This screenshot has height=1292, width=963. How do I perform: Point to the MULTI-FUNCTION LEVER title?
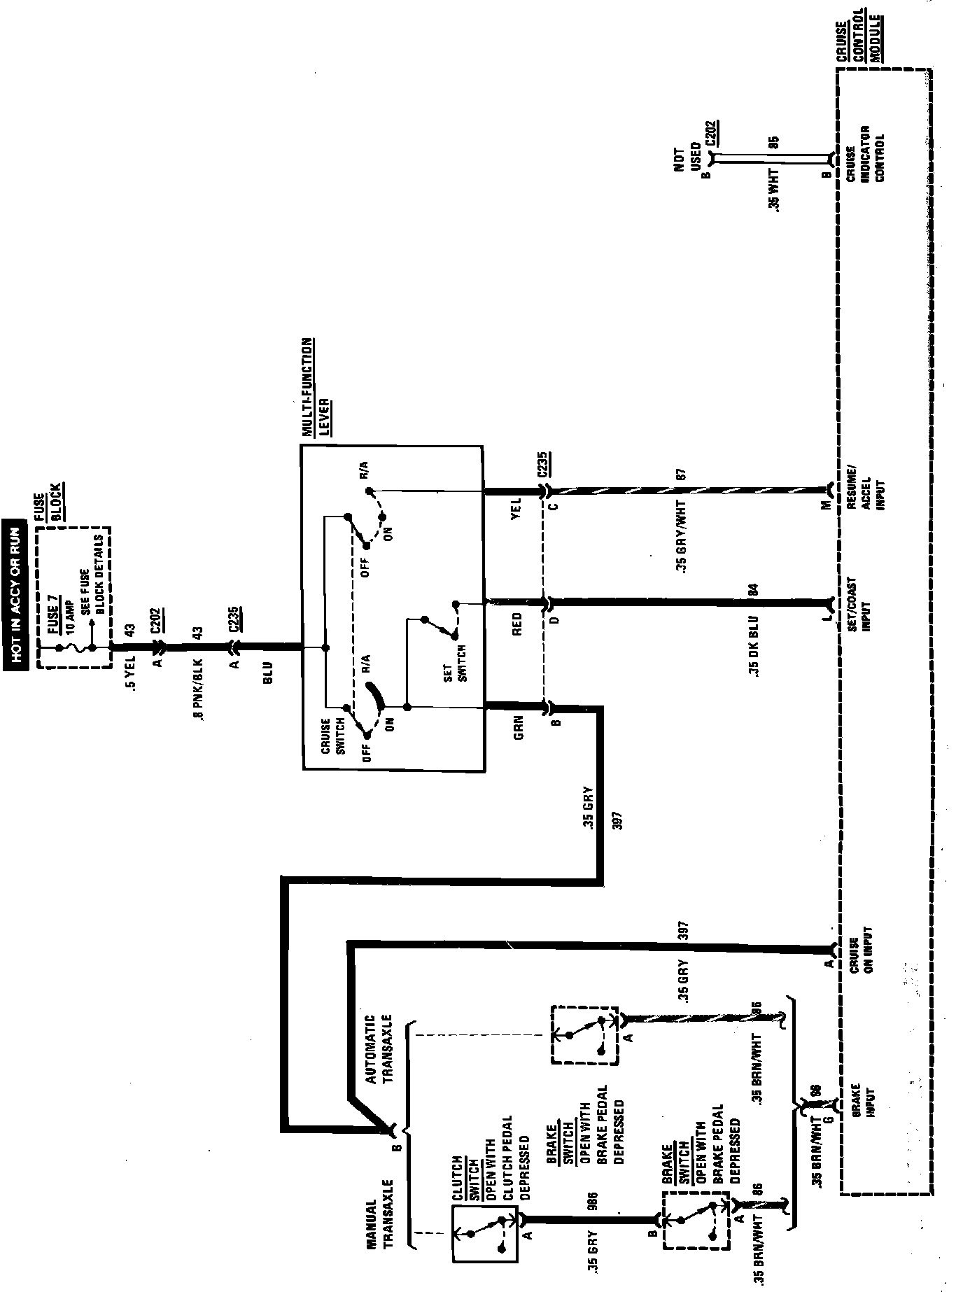coord(316,388)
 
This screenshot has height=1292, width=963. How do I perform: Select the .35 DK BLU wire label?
coord(753,654)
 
